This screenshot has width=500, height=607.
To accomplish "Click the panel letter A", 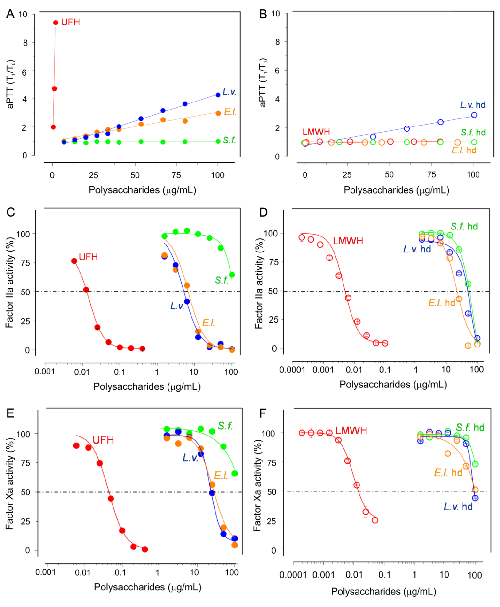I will (10, 13).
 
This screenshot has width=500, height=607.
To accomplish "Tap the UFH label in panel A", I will (70, 22).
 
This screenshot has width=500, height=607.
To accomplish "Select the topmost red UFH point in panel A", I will (56, 22).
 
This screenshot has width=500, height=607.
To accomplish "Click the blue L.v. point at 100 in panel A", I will (218, 95).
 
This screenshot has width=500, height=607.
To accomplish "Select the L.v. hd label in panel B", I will (472, 105).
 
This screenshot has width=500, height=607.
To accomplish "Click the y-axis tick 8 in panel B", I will (277, 42).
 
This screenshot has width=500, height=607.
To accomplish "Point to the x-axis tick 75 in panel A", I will (176, 175).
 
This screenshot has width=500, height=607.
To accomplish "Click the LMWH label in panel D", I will (348, 241).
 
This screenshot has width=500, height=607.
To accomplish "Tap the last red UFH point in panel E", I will (145, 549).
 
